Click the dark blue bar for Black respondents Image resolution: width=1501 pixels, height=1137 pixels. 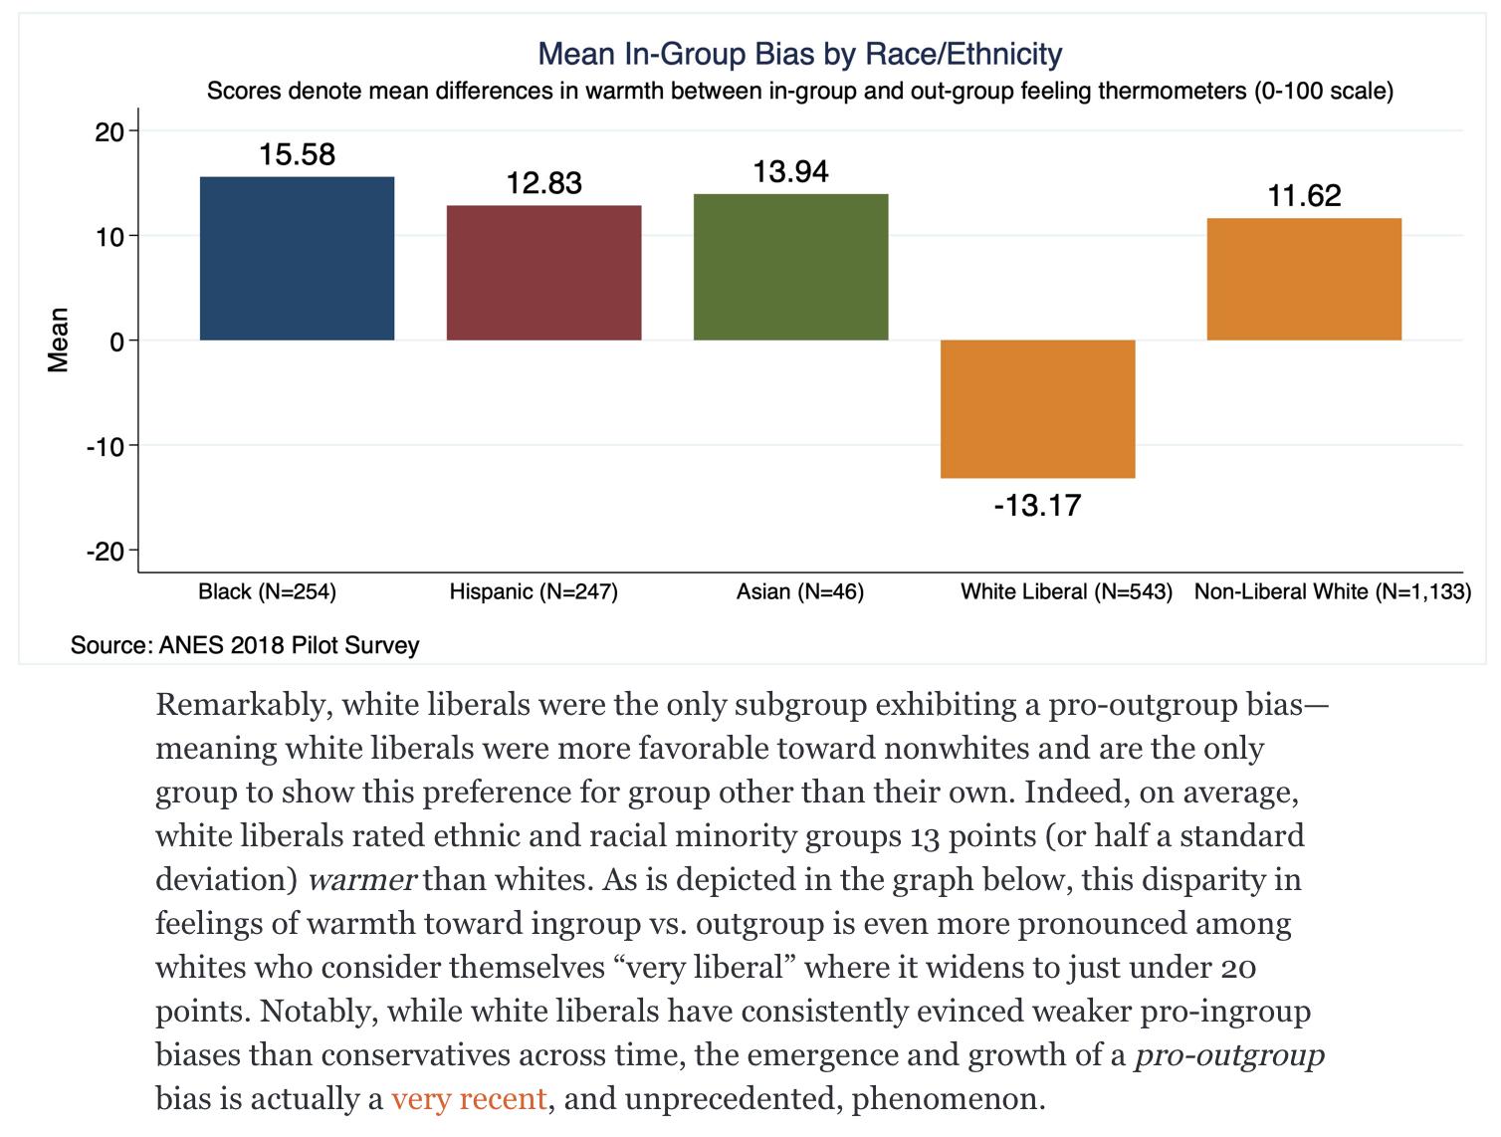[x=297, y=259]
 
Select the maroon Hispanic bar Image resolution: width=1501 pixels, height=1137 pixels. [x=543, y=273]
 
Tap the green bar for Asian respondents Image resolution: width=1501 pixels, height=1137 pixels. [x=790, y=267]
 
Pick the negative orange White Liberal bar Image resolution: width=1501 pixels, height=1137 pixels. [x=1037, y=408]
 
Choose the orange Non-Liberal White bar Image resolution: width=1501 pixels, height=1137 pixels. [x=1304, y=279]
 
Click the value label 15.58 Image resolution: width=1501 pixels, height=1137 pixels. [x=297, y=154]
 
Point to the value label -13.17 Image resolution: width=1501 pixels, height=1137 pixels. [x=1037, y=506]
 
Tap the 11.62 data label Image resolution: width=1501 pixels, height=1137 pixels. [x=1304, y=195]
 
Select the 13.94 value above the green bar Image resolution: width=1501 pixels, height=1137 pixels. [x=790, y=172]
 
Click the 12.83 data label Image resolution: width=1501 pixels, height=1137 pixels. [x=543, y=183]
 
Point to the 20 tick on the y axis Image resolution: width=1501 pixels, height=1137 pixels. [x=108, y=131]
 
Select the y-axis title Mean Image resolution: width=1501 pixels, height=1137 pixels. [x=59, y=341]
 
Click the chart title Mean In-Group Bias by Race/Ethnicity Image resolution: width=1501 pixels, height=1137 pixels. [x=799, y=54]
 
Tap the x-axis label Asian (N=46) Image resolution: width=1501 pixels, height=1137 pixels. [x=799, y=592]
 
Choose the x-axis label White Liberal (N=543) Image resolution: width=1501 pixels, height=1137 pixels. [x=1066, y=592]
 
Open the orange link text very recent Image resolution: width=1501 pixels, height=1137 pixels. [x=469, y=1098]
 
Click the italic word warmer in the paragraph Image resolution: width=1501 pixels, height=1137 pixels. [x=361, y=879]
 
